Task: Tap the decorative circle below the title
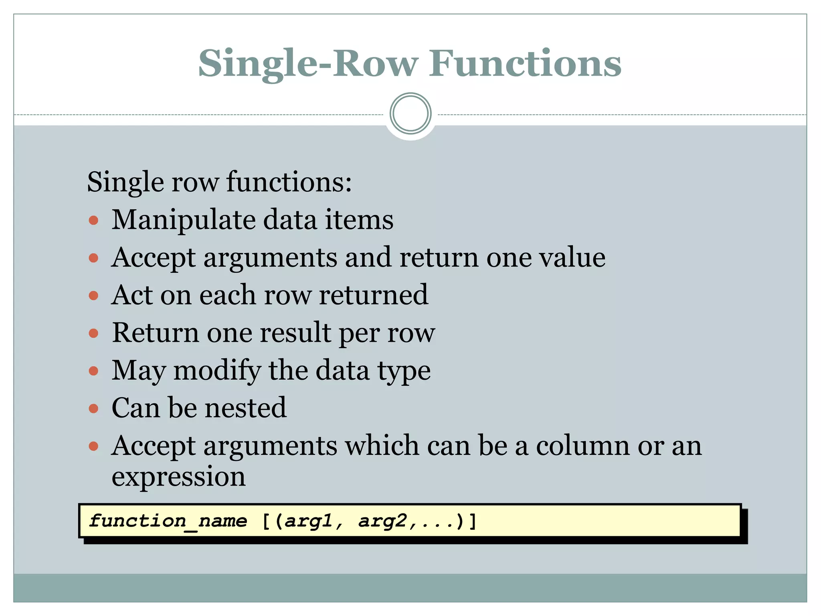[x=410, y=113]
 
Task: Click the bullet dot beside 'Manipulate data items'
[x=93, y=220]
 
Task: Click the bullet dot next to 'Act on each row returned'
[x=93, y=296]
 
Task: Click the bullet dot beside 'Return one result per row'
[x=93, y=333]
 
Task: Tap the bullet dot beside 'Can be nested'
[x=93, y=409]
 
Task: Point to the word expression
[x=178, y=477]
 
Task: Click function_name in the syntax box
[x=168, y=521]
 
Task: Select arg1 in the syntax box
[x=309, y=521]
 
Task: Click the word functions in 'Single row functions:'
[x=289, y=182]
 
